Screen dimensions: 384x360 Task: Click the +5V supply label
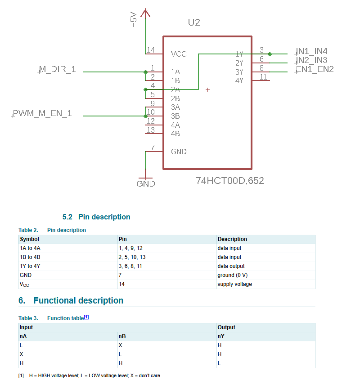tap(134, 20)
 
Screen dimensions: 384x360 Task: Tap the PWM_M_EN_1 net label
tap(42, 114)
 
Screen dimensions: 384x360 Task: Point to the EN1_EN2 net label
tap(315, 69)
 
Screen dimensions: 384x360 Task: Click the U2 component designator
tap(193, 22)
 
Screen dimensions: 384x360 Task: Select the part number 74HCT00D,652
tap(229, 181)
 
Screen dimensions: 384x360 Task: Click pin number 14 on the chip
tap(151, 50)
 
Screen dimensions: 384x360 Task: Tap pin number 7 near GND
tap(153, 147)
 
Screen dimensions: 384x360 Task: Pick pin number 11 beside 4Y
tap(263, 76)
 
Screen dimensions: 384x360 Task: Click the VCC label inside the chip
tap(179, 54)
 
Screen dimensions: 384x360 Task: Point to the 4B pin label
tap(175, 134)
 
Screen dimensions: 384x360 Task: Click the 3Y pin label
tap(239, 72)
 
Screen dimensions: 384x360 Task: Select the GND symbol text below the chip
tap(145, 183)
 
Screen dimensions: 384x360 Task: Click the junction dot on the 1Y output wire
tap(270, 54)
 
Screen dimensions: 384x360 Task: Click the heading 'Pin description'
tap(104, 217)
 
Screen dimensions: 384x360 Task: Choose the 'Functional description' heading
tap(78, 300)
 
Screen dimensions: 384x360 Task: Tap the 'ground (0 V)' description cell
tap(233, 275)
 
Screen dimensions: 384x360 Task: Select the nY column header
tap(221, 336)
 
